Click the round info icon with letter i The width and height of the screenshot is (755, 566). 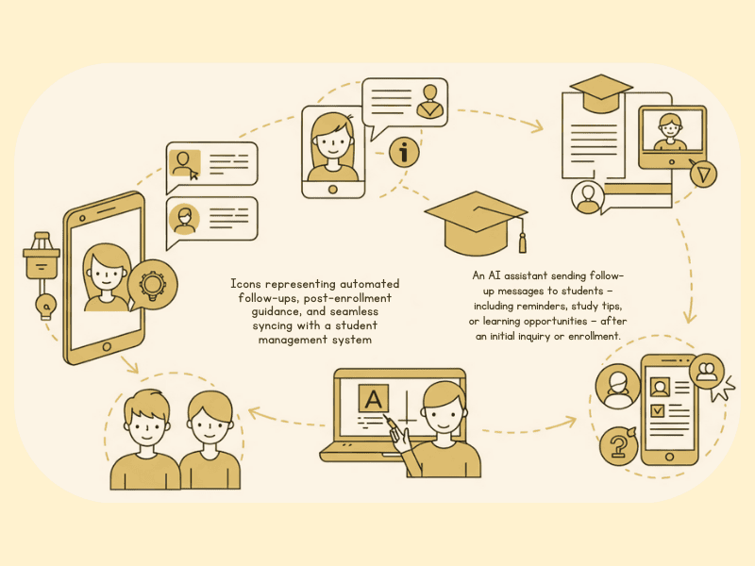tap(404, 152)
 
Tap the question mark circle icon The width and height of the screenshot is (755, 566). tap(619, 446)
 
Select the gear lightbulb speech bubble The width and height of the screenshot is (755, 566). tap(152, 285)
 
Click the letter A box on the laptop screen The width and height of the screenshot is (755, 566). tap(373, 398)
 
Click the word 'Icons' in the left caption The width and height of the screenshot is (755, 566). tap(245, 284)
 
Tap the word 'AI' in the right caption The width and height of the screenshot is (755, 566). tap(494, 275)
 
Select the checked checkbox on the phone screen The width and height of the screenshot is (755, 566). tap(657, 410)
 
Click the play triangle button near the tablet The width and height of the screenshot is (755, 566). tap(703, 174)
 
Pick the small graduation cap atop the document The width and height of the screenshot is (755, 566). tap(601, 92)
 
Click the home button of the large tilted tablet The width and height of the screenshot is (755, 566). tap(107, 346)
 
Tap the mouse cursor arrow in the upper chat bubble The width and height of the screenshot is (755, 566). tap(193, 175)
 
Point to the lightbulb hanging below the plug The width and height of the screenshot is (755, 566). tap(46, 306)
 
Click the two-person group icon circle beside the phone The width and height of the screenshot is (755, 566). tap(707, 372)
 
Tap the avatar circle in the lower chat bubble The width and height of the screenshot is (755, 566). tap(184, 220)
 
